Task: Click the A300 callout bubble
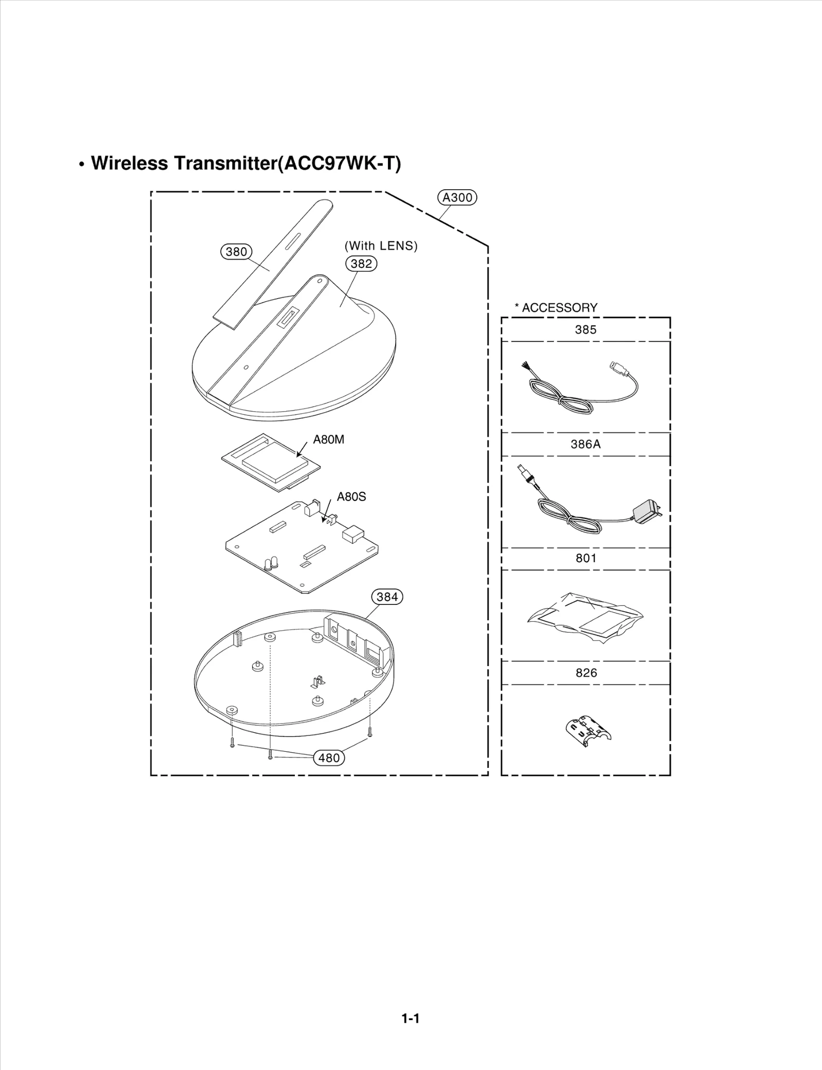tap(457, 198)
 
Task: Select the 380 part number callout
tap(236, 252)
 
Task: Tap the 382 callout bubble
tap(361, 264)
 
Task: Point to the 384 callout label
tap(387, 597)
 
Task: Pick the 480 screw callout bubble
tap(329, 758)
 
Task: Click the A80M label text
tap(329, 440)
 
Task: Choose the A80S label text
tap(351, 497)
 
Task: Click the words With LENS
tap(381, 246)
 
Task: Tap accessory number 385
tap(586, 330)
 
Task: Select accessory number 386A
tap(586, 445)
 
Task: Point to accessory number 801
tap(586, 559)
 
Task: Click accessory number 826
tap(586, 673)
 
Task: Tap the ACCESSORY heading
tap(559, 308)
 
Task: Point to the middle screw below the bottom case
tap(270, 756)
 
